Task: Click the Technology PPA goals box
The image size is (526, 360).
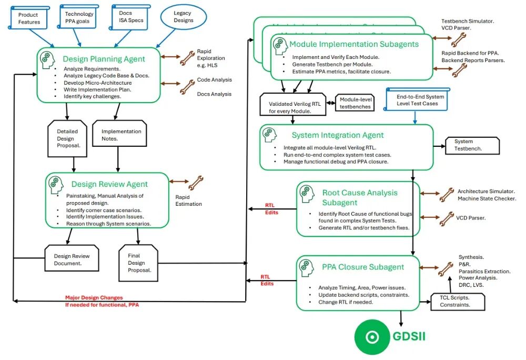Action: tap(79, 17)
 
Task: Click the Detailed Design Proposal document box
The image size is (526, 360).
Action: tap(67, 138)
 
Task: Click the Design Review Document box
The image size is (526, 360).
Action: tap(72, 260)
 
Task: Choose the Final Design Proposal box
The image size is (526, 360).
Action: tap(139, 263)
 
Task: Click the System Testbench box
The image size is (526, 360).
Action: tap(471, 145)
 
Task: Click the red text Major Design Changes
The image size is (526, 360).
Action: tap(94, 297)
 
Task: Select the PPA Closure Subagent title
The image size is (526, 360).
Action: tap(363, 267)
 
